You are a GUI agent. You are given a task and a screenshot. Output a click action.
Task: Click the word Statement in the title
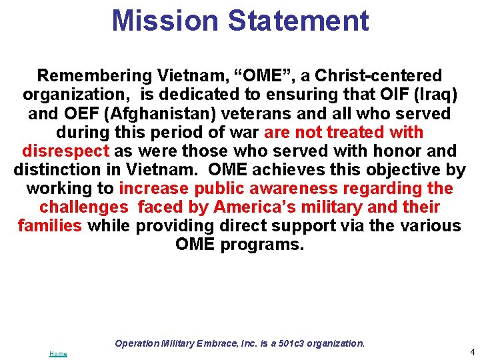[x=298, y=20]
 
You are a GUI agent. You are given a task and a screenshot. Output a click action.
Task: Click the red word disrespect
[x=65, y=151]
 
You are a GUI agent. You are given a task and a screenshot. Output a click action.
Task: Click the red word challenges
[x=83, y=207]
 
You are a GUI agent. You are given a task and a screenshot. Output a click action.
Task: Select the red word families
[x=50, y=225]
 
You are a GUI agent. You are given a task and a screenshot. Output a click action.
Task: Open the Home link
[x=58, y=353]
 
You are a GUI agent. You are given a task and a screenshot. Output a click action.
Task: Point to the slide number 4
[x=472, y=351]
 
